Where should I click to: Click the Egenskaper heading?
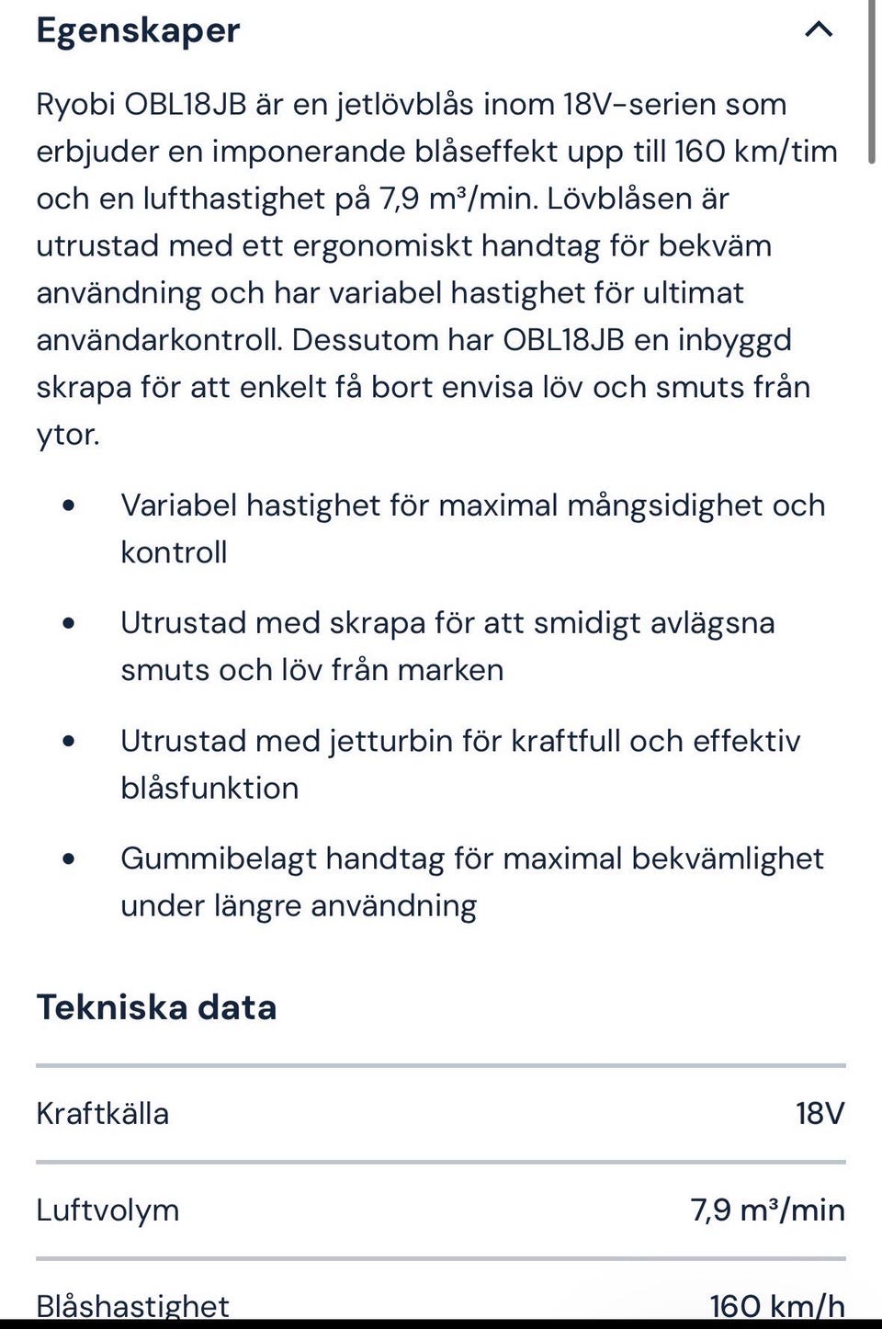138,31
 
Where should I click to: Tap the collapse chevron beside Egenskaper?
819,29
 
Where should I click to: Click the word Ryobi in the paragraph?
75,105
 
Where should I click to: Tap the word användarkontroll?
159,340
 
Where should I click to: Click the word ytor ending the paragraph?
67,435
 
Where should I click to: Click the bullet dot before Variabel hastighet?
69,505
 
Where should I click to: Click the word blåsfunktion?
209,789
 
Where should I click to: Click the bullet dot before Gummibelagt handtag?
69,858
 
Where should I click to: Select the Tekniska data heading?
156,1007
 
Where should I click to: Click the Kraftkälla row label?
102,1114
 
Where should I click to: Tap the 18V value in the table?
820,1114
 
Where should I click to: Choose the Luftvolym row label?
107,1210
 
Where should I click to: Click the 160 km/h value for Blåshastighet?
777,1305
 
